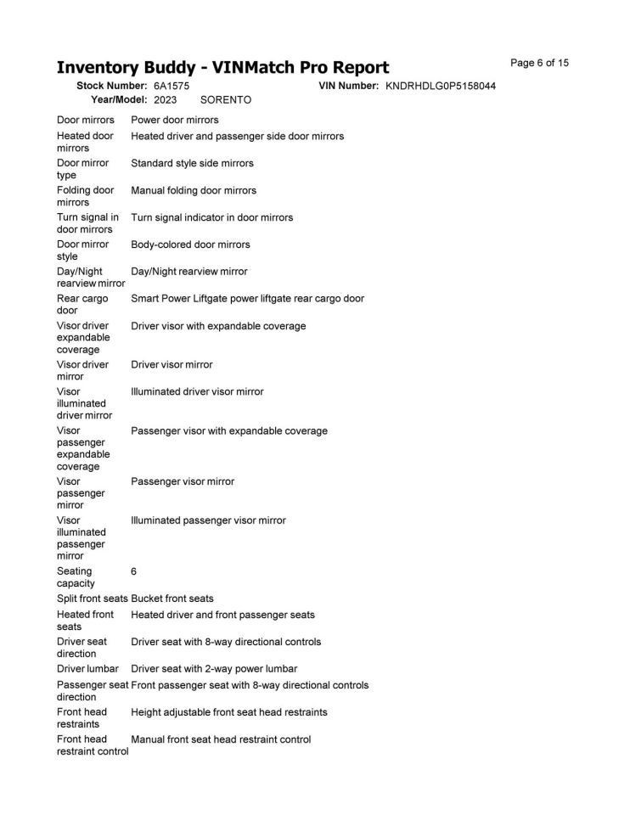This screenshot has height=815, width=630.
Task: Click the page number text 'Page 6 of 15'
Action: point(539,63)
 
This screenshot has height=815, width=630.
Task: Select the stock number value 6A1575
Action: point(172,87)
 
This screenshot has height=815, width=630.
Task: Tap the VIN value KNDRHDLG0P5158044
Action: point(441,87)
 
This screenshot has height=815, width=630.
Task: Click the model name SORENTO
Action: point(226,100)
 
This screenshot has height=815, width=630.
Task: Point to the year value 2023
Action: point(165,100)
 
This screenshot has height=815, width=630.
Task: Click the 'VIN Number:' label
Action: point(349,87)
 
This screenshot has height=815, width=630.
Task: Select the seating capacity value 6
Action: point(134,572)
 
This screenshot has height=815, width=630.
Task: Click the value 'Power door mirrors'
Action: point(174,120)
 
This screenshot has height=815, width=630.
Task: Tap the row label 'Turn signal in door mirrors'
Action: point(87,223)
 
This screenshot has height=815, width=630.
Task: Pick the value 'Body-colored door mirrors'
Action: point(190,244)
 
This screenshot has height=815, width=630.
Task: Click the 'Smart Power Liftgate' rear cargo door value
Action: point(248,299)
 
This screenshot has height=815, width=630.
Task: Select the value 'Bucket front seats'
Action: point(172,599)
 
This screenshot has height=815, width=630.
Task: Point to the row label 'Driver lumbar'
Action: point(87,669)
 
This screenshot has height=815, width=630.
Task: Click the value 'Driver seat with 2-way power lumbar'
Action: point(214,669)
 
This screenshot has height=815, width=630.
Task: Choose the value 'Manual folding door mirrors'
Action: point(194,190)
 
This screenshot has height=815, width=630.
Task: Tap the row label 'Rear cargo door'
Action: point(82,305)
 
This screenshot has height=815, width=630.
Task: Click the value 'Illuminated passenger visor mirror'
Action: point(208,520)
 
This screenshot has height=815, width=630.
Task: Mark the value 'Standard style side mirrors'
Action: point(192,163)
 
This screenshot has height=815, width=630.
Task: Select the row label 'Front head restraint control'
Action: point(92,745)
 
